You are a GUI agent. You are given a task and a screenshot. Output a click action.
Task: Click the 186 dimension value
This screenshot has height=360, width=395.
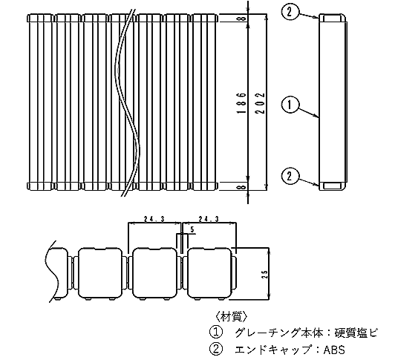click(241, 102)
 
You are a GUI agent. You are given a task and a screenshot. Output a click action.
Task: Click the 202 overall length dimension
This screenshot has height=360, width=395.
click(261, 103)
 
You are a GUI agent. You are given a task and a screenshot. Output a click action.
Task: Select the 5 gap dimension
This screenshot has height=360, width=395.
click(192, 229)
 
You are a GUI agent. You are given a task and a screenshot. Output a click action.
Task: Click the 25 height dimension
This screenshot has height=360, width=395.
click(264, 275)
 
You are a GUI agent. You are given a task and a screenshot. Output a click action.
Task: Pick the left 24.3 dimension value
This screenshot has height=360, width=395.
click(154, 219)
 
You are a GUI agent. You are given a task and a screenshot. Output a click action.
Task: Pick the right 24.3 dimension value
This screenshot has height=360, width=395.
click(209, 219)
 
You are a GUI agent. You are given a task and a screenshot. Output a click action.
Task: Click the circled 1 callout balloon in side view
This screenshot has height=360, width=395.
click(290, 105)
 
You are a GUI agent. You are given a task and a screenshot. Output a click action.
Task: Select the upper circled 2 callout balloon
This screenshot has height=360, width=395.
click(290, 12)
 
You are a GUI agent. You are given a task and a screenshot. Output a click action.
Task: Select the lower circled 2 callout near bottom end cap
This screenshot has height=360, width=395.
click(290, 176)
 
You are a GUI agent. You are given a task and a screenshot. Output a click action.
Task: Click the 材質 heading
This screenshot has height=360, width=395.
click(231, 316)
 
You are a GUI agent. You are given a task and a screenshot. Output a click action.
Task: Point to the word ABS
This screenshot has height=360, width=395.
click(334, 350)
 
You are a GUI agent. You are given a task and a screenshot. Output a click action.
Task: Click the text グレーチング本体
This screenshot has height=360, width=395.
click(279, 333)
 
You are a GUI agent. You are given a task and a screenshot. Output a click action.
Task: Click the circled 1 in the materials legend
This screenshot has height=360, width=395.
click(216, 333)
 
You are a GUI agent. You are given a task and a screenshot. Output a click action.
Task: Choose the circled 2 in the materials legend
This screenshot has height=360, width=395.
click(216, 350)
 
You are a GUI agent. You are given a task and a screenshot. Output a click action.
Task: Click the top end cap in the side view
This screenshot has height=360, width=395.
click(333, 18)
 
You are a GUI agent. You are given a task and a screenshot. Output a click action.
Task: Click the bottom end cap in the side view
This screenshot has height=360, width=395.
click(333, 186)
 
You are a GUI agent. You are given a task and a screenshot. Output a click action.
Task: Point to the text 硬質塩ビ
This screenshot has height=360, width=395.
click(356, 333)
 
